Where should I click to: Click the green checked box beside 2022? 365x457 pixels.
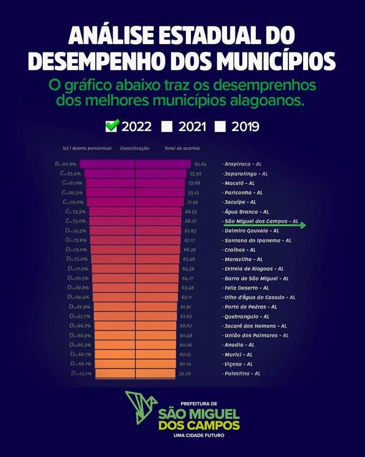tap(112, 126)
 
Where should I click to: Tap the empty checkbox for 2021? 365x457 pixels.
tap(166, 126)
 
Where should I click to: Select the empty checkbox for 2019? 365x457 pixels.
tap(220, 126)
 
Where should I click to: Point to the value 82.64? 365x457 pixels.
tap(200, 164)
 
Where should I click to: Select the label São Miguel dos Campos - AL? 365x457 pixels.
tap(261, 221)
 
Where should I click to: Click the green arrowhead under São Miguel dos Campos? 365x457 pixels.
tap(303, 226)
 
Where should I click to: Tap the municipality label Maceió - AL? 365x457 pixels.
tap(239, 183)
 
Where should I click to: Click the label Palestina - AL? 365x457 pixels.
tap(242, 373)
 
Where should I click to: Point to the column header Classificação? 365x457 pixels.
tap(135, 148)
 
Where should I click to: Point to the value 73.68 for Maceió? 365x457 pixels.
tap(194, 183)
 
